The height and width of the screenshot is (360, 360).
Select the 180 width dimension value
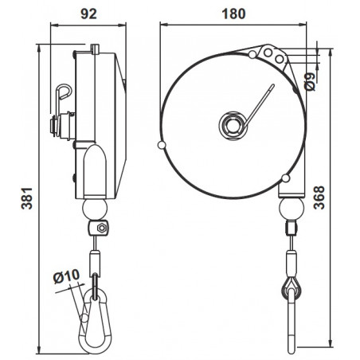tap(235, 13)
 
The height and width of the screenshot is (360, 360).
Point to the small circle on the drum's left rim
tap(162, 145)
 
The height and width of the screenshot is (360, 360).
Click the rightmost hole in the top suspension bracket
tap(280, 55)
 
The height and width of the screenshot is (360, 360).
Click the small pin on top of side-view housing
tap(96, 48)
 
